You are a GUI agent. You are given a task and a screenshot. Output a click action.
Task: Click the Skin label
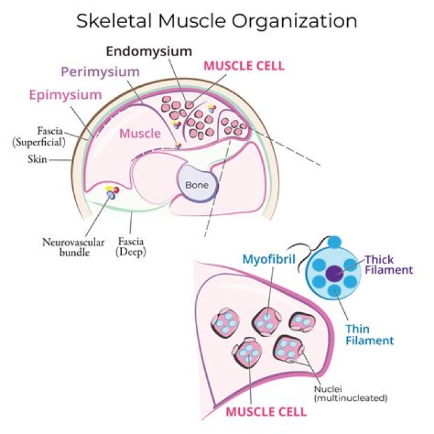tap(38, 160)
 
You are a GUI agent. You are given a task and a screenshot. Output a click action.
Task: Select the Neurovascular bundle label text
tap(66, 247)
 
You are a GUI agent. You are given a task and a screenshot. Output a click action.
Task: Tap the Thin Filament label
tap(370, 335)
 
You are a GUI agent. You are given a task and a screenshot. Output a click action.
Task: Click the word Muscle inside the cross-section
tap(140, 133)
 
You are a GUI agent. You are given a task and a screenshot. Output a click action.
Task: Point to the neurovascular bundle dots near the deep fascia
tap(111, 193)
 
